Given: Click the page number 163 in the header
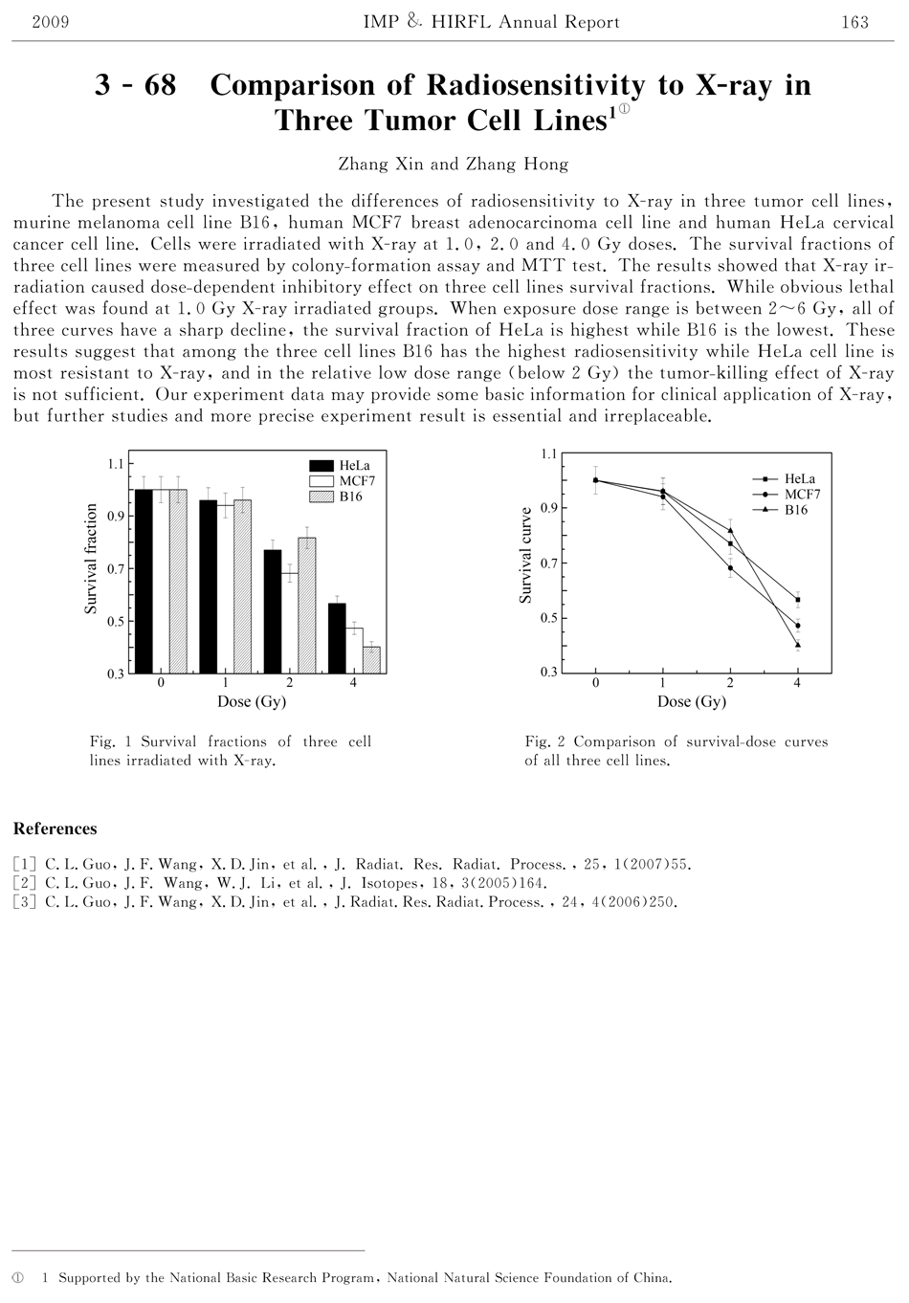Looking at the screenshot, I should (854, 22).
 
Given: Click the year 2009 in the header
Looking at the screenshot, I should (50, 22).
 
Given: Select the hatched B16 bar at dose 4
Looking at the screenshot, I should (371, 660).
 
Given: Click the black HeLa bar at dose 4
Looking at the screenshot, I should (335, 638).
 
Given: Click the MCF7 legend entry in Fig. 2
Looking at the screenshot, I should (802, 494).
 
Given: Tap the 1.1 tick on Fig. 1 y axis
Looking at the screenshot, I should (116, 464).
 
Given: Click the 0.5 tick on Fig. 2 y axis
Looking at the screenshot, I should (548, 618).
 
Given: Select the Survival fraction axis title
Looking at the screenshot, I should (92, 559).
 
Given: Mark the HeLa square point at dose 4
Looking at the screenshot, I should (798, 600).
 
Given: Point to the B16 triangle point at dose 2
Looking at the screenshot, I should (730, 530).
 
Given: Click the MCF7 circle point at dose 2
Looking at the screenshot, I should (730, 568).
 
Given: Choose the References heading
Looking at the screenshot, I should (55, 828).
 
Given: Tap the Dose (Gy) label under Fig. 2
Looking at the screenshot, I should (691, 701).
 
